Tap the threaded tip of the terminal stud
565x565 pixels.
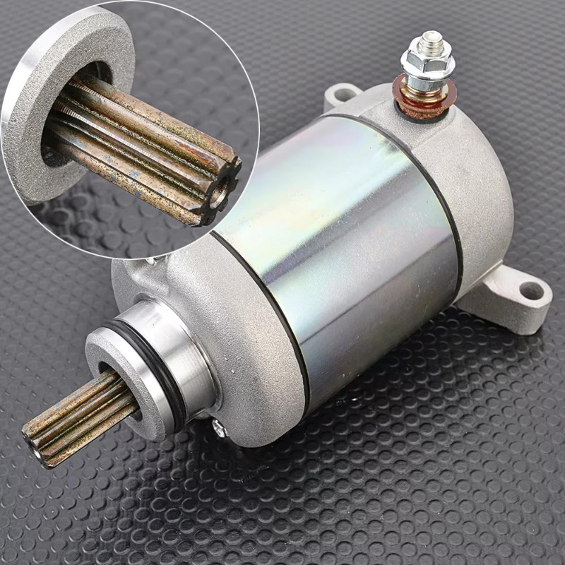[431, 40]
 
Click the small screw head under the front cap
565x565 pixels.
[218, 426]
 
